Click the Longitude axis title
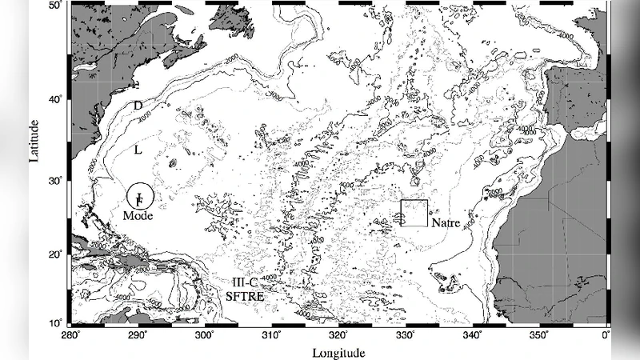[x=339, y=352]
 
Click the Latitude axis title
[x=34, y=141]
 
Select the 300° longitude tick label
[x=206, y=334]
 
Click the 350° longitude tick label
[x=539, y=334]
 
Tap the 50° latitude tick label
[x=57, y=6]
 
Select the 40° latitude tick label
[x=57, y=100]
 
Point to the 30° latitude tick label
[x=57, y=182]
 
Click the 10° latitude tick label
[x=57, y=322]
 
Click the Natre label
[x=446, y=223]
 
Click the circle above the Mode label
[x=139, y=196]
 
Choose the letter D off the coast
[x=138, y=106]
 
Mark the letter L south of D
[x=138, y=150]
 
